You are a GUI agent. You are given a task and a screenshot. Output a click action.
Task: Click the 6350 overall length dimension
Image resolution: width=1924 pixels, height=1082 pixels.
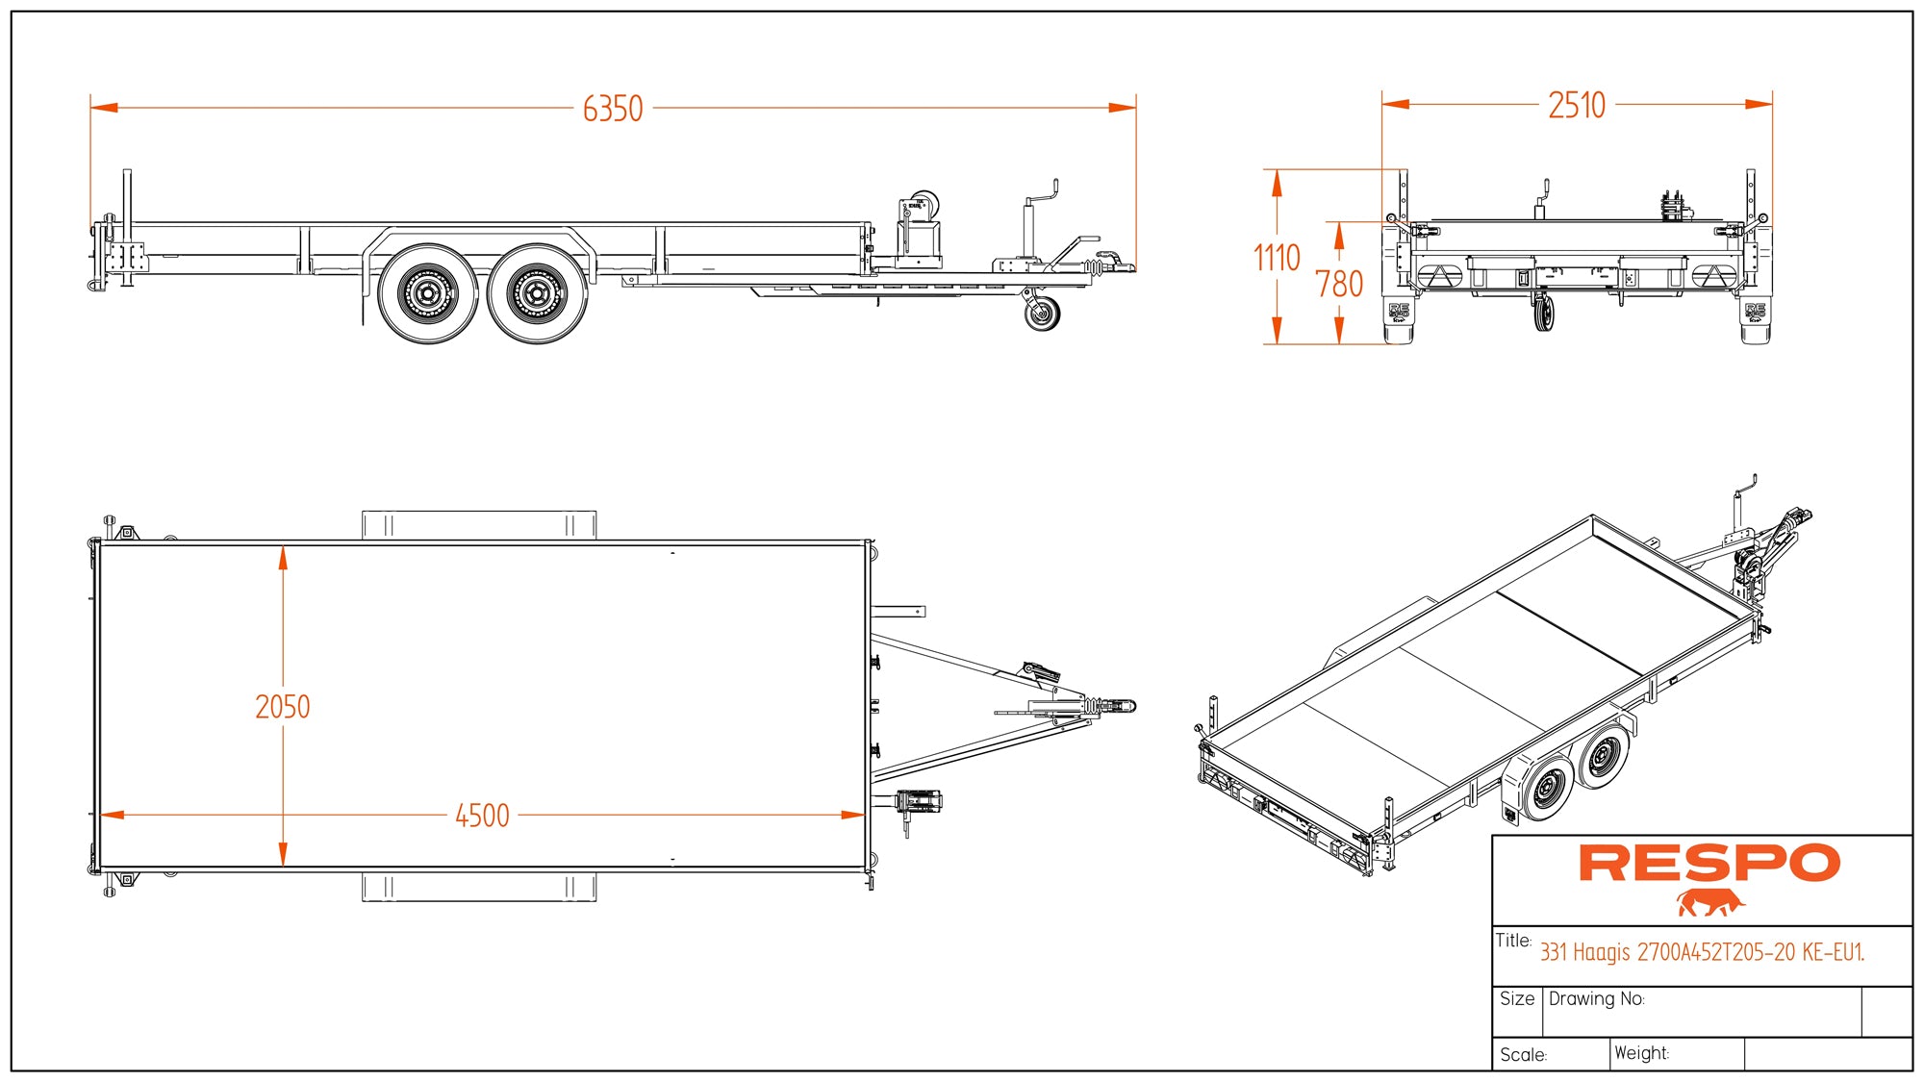click(613, 109)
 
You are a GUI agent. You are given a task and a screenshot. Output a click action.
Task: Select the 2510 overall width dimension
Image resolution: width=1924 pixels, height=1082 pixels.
click(1577, 105)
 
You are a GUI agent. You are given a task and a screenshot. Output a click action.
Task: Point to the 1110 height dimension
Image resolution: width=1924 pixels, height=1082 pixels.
click(1277, 258)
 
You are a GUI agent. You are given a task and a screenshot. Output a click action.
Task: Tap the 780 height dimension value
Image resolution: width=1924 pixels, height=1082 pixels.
click(1339, 284)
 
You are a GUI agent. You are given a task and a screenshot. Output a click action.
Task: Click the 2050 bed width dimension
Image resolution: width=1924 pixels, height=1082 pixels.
click(283, 707)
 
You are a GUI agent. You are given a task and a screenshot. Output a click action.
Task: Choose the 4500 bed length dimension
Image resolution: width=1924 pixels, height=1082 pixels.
click(482, 816)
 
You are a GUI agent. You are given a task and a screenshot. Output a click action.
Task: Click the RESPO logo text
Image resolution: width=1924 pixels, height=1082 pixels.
click(1709, 863)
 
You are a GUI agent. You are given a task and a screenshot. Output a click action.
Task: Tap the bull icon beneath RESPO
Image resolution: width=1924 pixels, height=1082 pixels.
click(1709, 903)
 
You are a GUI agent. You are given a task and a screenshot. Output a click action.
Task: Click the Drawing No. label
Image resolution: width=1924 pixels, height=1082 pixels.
click(1596, 999)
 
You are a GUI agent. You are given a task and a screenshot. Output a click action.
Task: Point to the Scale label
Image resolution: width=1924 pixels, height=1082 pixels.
click(1523, 1055)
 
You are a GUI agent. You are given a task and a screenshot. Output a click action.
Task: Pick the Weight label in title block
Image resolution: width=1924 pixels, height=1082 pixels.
click(1641, 1053)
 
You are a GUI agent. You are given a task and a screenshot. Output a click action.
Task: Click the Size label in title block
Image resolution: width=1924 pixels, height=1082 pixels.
click(1517, 999)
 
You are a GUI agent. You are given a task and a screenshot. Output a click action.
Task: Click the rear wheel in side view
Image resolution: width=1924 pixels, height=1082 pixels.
click(427, 293)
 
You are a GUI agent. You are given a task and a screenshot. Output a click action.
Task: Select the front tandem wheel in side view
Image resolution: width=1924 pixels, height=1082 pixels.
click(537, 293)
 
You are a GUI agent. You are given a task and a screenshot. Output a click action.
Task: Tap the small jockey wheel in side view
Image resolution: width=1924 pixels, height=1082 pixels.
click(1042, 313)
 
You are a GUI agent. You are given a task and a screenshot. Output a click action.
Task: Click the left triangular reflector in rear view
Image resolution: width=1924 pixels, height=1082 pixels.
click(1440, 276)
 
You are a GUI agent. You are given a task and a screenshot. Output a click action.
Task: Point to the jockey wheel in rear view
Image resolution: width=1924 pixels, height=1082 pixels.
click(1543, 314)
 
